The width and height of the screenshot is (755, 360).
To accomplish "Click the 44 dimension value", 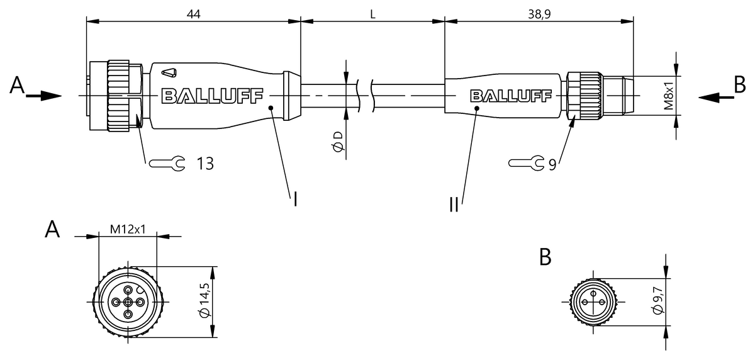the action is pyautogui.click(x=194, y=14).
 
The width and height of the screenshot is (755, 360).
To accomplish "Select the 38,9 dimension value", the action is pyautogui.click(x=539, y=14).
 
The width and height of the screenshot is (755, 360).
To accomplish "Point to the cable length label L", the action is pyautogui.click(x=372, y=14).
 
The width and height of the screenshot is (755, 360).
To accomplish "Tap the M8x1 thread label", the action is pyautogui.click(x=668, y=96).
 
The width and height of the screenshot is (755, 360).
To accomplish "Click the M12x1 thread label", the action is pyautogui.click(x=128, y=230).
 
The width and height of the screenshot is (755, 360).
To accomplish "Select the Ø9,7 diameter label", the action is pyautogui.click(x=658, y=301).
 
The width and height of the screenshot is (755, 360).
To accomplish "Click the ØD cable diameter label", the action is pyautogui.click(x=338, y=141).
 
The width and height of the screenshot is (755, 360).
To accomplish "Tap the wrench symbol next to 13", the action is pyautogui.click(x=167, y=164).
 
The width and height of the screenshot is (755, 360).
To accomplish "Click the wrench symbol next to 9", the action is pyautogui.click(x=527, y=164).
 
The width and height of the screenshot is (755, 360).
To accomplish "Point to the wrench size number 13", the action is pyautogui.click(x=205, y=164).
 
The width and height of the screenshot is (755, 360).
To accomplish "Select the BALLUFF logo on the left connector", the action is pyautogui.click(x=213, y=96).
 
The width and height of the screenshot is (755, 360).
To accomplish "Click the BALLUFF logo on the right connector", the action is pyautogui.click(x=511, y=96).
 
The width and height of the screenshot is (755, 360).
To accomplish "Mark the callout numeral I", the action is pyautogui.click(x=295, y=200).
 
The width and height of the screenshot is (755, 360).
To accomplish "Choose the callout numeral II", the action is pyautogui.click(x=454, y=205).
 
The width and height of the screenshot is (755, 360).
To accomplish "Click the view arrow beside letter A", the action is pyautogui.click(x=44, y=96).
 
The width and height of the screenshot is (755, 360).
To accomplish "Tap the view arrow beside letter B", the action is pyautogui.click(x=716, y=98).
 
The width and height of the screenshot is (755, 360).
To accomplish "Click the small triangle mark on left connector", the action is pyautogui.click(x=169, y=73).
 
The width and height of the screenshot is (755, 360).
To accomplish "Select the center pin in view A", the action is pyautogui.click(x=128, y=302).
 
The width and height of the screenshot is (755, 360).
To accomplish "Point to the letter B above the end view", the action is pyautogui.click(x=545, y=257).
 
